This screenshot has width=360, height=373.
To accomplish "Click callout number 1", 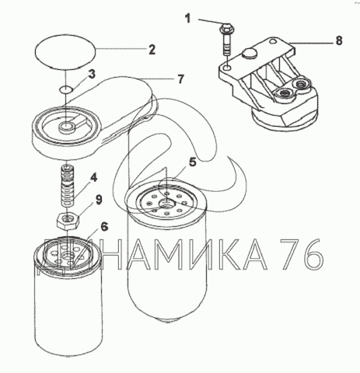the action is pos(187,19).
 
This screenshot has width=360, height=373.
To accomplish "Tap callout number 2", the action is pos(152,50).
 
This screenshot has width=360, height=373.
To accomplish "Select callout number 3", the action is pos(91,74).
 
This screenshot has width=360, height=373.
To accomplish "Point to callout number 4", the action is pos(93,178).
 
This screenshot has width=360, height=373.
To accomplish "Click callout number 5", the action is pos(192,162).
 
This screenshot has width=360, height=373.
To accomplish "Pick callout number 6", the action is pos(104,227).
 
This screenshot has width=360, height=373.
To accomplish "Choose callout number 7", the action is pos(180,79).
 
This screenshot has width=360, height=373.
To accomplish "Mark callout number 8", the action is pos(339,40).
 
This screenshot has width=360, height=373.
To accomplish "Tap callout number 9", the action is pos(99,200).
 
